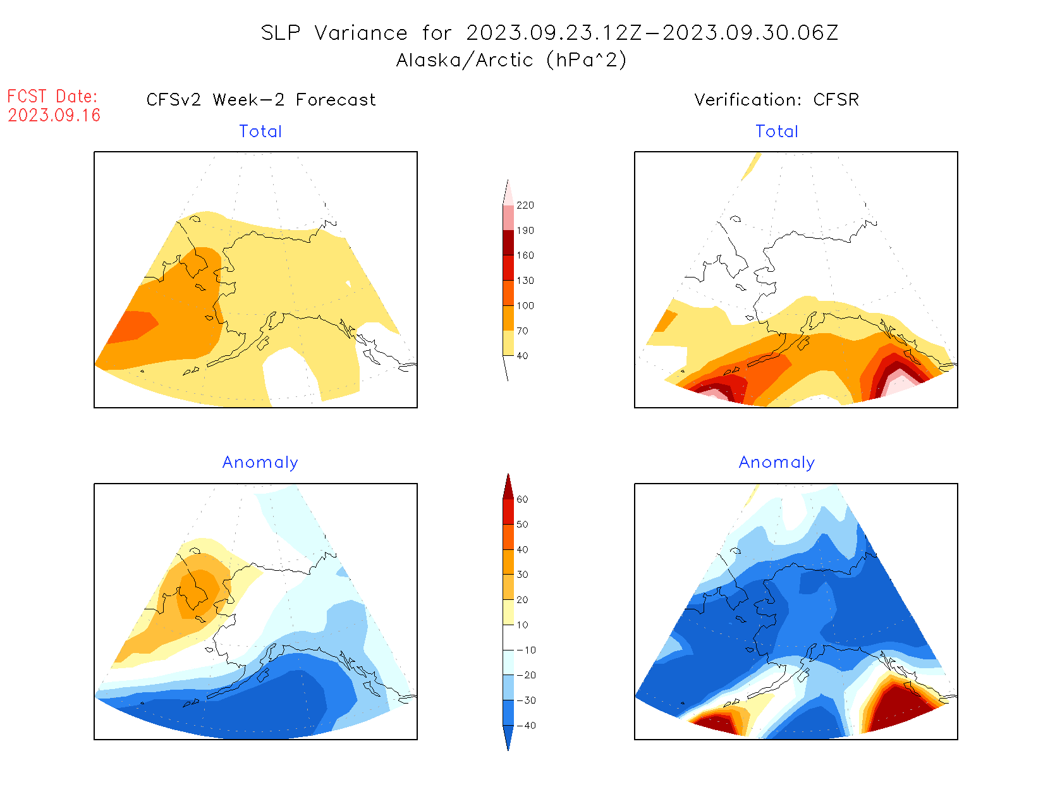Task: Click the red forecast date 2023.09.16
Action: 54,115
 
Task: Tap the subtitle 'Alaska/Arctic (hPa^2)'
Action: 511,60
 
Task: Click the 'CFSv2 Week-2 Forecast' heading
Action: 260,100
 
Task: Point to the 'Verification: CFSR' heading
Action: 776,100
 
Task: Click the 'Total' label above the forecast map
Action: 260,131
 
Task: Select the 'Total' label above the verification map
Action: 777,131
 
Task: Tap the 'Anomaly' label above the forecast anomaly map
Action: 260,463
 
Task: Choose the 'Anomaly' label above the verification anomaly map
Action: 777,463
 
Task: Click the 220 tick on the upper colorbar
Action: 525,205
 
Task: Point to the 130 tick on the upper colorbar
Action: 525,281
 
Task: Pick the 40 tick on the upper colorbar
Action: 522,356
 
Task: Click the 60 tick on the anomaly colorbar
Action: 522,499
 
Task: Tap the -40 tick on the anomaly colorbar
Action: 526,726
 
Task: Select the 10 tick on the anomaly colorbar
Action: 522,625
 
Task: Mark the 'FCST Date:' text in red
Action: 52,96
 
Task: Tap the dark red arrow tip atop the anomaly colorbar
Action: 508,485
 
